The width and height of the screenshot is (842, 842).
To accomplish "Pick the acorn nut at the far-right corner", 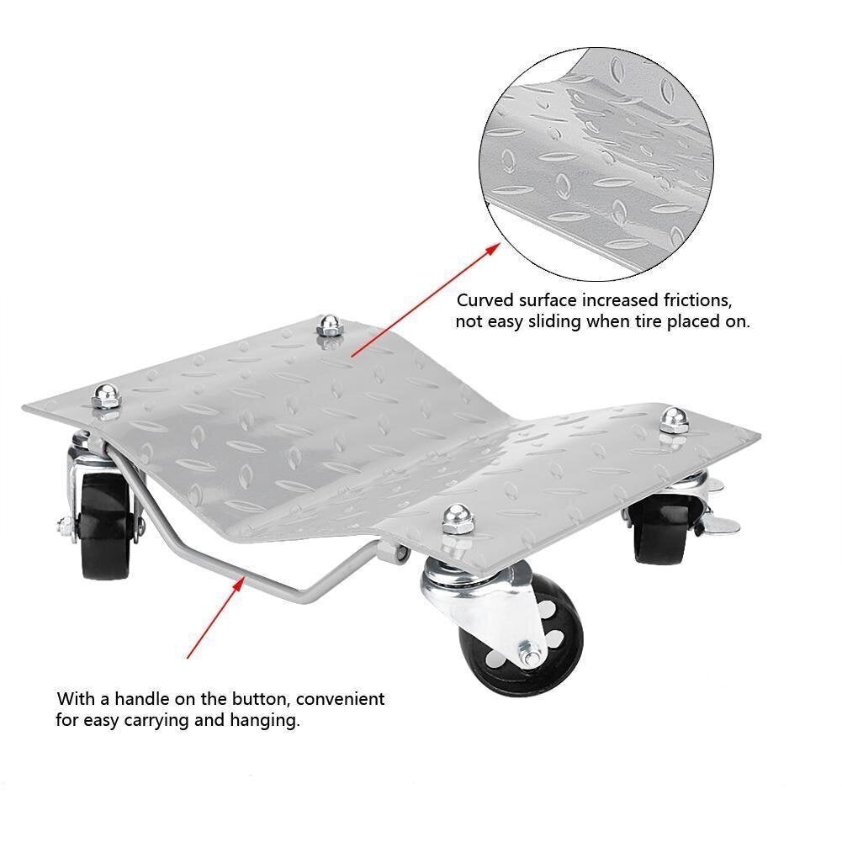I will click(673, 419).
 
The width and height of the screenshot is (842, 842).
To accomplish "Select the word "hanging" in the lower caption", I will click(269, 721).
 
